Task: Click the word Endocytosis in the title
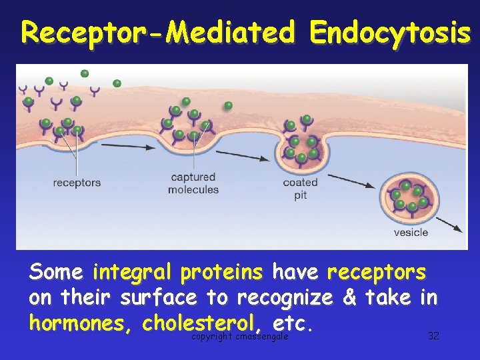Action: pyautogui.click(x=390, y=32)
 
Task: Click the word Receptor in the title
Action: pyautogui.click(x=86, y=32)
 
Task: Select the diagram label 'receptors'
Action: pyautogui.click(x=77, y=182)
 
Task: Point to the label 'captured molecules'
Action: pyautogui.click(x=193, y=183)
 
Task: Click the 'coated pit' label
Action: pyautogui.click(x=300, y=189)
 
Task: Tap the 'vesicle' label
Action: pyautogui.click(x=411, y=233)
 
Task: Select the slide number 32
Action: pyautogui.click(x=433, y=335)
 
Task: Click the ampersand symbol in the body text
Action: pyautogui.click(x=349, y=297)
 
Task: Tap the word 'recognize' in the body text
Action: pyautogui.click(x=285, y=297)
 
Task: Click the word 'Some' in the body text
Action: pyautogui.click(x=56, y=273)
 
